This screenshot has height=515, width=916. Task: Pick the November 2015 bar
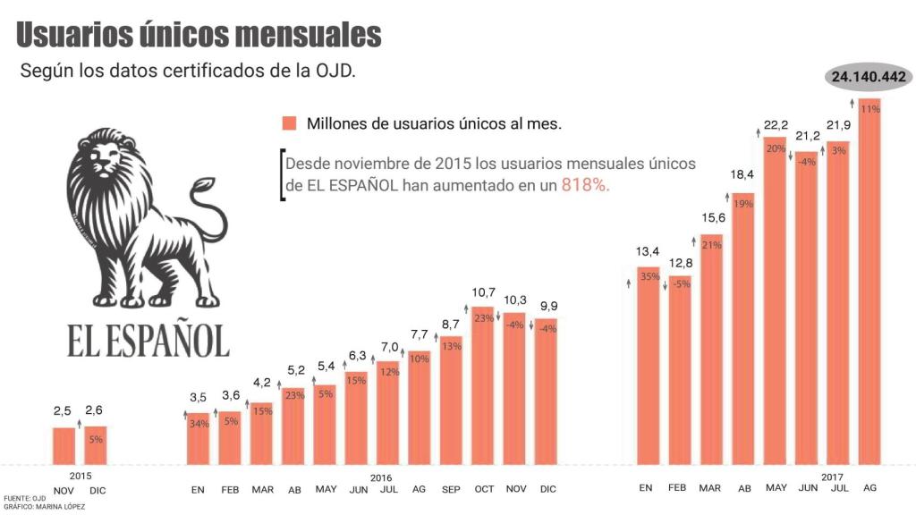click(x=64, y=446)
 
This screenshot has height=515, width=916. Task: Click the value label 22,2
click(x=775, y=124)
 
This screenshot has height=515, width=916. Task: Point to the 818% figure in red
click(x=586, y=185)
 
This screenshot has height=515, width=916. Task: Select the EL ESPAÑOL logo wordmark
click(x=148, y=340)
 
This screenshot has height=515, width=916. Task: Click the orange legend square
click(x=288, y=123)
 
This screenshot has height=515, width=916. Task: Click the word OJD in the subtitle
click(x=330, y=72)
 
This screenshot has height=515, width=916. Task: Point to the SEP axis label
click(x=451, y=489)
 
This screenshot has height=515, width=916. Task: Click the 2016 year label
click(x=381, y=477)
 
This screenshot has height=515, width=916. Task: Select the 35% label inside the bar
click(x=649, y=276)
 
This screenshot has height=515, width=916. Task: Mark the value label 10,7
click(x=483, y=291)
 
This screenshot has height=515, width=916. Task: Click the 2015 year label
click(x=80, y=477)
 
